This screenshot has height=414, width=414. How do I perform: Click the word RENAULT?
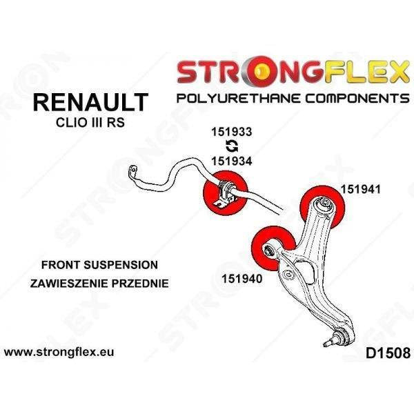click(90, 103)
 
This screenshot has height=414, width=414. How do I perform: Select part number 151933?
click(231, 132)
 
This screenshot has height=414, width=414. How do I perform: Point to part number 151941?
click(360, 188)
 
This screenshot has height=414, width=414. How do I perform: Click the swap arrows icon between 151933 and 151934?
click(231, 146)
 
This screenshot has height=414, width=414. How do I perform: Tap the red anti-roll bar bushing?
click(224, 192)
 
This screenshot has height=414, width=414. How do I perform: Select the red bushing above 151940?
click(273, 246)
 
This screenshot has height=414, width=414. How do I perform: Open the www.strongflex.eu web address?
click(59, 352)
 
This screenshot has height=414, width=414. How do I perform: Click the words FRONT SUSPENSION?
click(99, 264)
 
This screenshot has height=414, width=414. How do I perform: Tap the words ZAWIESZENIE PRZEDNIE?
click(99, 283)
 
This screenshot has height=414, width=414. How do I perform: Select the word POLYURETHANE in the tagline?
click(239, 98)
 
